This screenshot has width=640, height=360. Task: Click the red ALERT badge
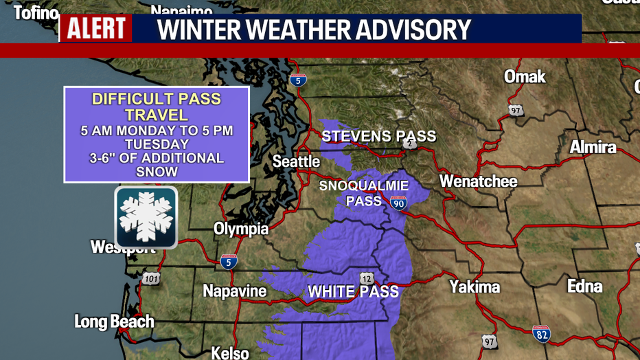pos(95,29)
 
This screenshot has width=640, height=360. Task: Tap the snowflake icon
pos(146,217)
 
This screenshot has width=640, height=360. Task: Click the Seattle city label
pos(296,162)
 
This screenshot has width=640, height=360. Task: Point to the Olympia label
pos(240,229)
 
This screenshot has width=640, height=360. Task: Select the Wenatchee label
pos(478,181)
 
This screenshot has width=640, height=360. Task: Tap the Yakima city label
pos(475,286)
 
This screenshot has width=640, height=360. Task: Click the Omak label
pos(525,76)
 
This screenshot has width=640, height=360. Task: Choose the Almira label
pos(593,147)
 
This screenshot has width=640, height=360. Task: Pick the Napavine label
pos(234,291)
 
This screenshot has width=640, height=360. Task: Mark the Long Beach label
pos(114,322)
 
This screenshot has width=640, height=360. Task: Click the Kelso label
pos(229,353)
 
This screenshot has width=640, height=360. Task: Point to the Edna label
pos(584,286)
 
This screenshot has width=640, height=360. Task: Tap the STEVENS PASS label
pos(378,136)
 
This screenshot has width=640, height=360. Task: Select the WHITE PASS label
pos(353,292)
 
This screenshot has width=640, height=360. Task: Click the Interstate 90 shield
pos(398,202)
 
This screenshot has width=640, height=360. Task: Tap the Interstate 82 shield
pos(541,334)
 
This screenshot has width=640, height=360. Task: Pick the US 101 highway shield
pos(151,279)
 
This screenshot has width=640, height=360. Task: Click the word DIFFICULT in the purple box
pos(131,99)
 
